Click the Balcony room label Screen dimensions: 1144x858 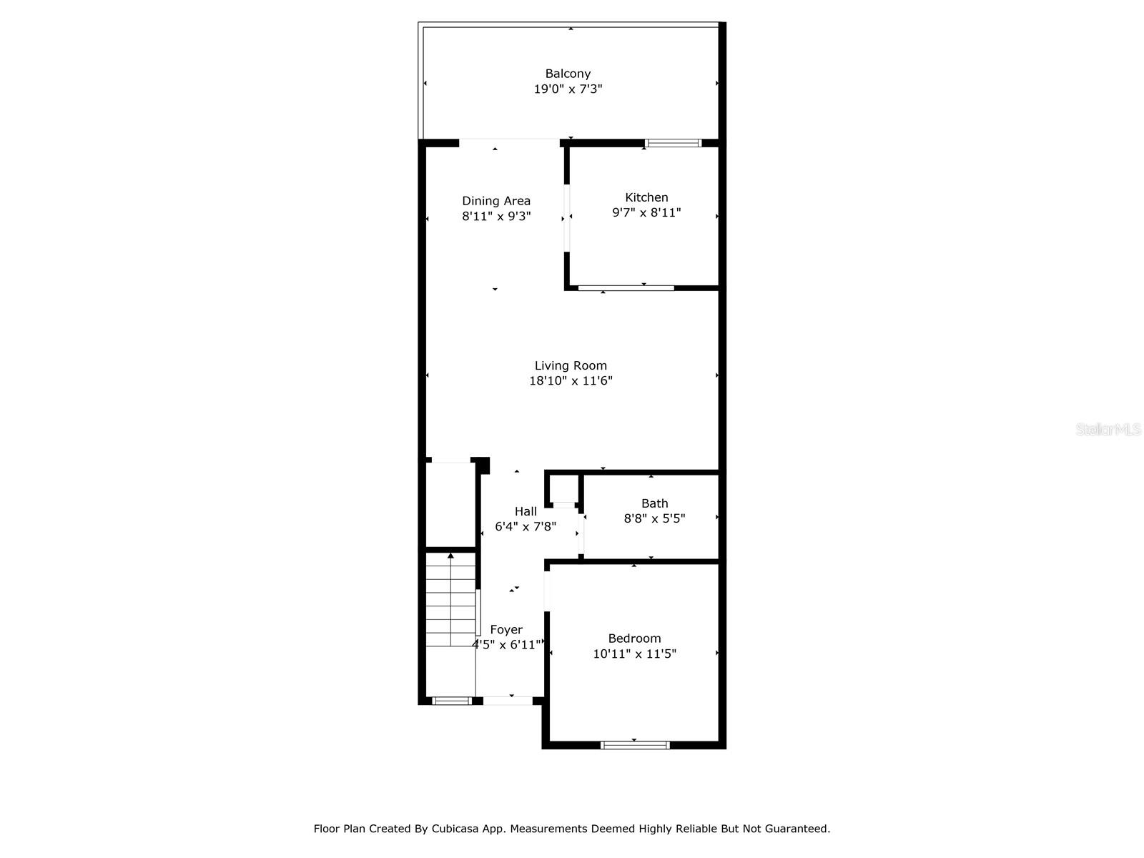coord(568,74)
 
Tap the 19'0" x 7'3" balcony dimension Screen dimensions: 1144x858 coord(568,89)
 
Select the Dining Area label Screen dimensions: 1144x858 coord(496,201)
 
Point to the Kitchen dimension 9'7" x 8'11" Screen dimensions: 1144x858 coord(646,212)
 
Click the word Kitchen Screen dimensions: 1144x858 coord(646,197)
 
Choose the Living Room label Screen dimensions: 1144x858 coord(571,365)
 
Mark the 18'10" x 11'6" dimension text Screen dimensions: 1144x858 coord(571,381)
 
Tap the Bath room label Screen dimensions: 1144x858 coord(655,503)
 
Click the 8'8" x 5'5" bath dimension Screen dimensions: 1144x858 coord(655,518)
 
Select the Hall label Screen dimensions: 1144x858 coord(526,511)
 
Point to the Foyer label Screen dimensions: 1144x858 coord(506,630)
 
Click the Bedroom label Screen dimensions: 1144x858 coord(634,638)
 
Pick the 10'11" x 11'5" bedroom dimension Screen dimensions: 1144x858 coord(634,654)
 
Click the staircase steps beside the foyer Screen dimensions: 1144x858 coord(451,600)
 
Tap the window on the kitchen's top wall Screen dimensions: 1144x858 coord(673,143)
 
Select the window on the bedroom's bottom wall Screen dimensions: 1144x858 coord(635,746)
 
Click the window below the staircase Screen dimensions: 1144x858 coord(452,701)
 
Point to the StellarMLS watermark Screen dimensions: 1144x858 coord(1108,429)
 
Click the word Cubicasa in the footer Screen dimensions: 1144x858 coord(455,829)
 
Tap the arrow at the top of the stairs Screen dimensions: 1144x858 coord(451,556)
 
